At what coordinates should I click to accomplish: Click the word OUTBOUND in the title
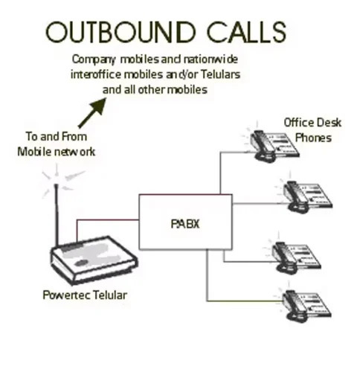tap(120, 32)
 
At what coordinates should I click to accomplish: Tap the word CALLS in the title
tap(247, 32)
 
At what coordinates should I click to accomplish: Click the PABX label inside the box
tap(185, 224)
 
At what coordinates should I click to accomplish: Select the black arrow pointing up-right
tap(92, 113)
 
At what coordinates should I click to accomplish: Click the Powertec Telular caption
tap(85, 295)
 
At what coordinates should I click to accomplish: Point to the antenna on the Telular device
tap(57, 215)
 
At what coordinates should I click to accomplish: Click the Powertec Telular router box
tap(94, 260)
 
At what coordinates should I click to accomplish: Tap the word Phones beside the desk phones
tap(313, 138)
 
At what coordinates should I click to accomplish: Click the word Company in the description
tap(94, 60)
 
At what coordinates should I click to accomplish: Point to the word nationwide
tap(210, 60)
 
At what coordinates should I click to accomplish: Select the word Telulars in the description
tap(220, 74)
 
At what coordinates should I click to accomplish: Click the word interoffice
tap(96, 74)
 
